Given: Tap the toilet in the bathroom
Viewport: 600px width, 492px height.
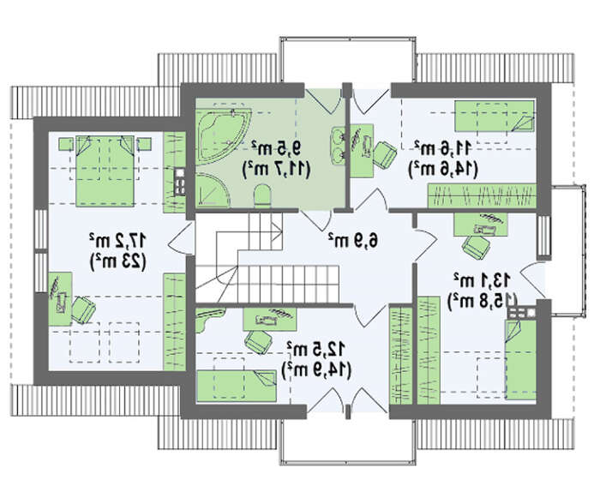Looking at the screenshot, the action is tap(262, 195).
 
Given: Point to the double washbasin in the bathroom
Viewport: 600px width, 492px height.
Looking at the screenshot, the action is tap(339, 146).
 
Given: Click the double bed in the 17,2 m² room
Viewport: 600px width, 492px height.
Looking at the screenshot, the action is tap(105, 171).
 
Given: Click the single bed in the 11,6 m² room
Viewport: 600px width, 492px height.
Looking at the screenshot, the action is tap(494, 116).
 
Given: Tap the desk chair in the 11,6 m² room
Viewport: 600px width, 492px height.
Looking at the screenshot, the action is tap(385, 154).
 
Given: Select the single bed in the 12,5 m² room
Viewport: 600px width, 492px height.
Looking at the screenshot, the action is tap(237, 386).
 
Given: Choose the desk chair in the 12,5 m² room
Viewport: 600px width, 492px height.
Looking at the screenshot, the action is tap(257, 341).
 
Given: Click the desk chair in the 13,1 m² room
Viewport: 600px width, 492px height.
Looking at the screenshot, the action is tap(476, 247).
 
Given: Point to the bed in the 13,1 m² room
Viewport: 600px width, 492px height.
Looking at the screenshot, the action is tap(520, 360).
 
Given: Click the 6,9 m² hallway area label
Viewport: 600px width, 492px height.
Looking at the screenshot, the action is tap(352, 240).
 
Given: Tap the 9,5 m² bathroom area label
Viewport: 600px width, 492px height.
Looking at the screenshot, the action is tap(277, 147).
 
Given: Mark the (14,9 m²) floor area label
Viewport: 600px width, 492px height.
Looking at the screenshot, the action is tap(316, 369).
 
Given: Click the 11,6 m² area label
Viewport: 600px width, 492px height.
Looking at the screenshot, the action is tap(442, 148).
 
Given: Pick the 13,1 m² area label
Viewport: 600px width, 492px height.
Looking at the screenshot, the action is tap(482, 280).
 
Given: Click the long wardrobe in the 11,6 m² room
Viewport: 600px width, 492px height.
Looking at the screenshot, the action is tap(482, 196).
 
